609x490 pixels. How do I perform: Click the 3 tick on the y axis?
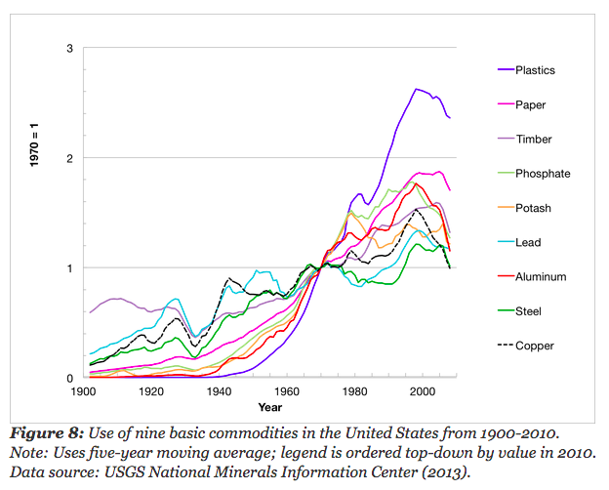69,49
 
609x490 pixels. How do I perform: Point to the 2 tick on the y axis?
69,158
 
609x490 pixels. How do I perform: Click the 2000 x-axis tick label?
422,391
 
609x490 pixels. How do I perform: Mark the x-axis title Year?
270,406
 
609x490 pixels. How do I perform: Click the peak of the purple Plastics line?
416,89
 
